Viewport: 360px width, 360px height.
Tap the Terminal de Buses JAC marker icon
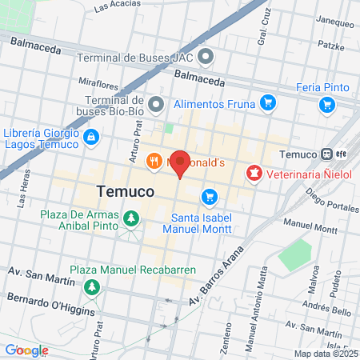206,57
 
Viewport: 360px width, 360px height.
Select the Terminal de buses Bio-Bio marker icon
156,104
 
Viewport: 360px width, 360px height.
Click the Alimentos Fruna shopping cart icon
267,103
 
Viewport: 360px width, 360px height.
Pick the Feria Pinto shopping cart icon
326,104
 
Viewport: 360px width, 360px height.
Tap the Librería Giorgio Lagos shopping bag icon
91,137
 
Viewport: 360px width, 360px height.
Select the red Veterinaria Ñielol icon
254,172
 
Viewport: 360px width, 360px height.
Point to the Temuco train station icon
327,154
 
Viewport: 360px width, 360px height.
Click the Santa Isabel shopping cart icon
210,196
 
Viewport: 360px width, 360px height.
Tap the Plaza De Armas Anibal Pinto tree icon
130,217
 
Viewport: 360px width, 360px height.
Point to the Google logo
26,350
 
